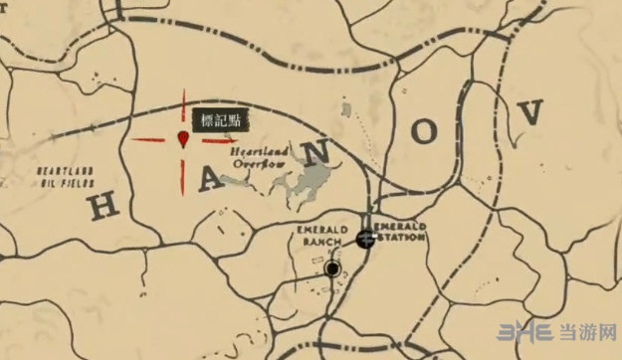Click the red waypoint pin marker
pyautogui.click(x=183, y=138)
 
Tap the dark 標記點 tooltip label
pyautogui.click(x=220, y=119)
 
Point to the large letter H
pyautogui.click(x=107, y=205)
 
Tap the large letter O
pyautogui.click(x=426, y=129)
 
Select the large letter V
pyautogui.click(x=530, y=112)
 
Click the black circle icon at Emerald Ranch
pyautogui.click(x=331, y=269)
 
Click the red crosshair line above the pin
pyautogui.click(x=183, y=106)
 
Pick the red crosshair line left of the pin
pyautogui.click(x=150, y=140)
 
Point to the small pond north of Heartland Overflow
pyautogui.click(x=344, y=106)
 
